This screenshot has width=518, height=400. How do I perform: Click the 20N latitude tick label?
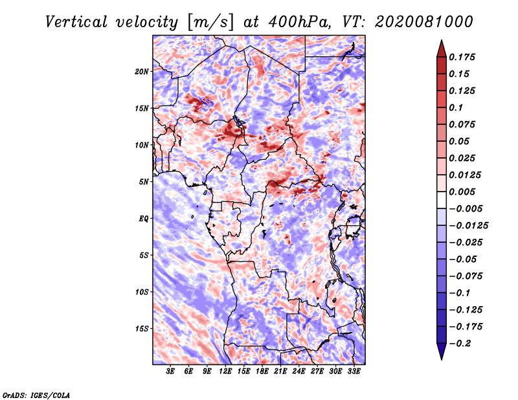[x=142, y=72]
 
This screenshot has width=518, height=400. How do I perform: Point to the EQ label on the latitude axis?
[x=144, y=219]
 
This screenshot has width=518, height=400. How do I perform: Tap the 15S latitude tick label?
[x=142, y=329]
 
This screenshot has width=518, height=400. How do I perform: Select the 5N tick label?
[x=144, y=182]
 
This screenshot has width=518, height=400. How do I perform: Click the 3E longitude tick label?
[x=170, y=372]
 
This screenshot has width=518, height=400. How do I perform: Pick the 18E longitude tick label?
[x=262, y=372]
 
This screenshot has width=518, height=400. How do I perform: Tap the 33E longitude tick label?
[x=354, y=372]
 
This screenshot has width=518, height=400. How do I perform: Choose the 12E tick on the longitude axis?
[x=225, y=372]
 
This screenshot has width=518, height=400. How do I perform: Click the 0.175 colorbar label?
[x=462, y=57]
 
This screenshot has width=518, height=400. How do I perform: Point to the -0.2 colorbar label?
[x=460, y=344]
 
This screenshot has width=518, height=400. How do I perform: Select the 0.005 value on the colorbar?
[x=462, y=192]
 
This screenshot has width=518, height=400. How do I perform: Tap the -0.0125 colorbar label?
[x=468, y=226]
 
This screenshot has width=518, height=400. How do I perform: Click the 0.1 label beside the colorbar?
[x=456, y=107]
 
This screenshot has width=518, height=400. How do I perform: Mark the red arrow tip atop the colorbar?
[x=442, y=40]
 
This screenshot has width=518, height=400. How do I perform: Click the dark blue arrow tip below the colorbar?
[x=442, y=359]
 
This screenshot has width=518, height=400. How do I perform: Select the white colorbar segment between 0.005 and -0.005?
[x=442, y=200]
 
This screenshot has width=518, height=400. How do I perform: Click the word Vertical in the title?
[x=76, y=22]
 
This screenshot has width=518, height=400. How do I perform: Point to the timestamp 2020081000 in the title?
[x=424, y=22]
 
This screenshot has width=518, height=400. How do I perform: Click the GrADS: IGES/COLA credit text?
[x=36, y=395]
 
